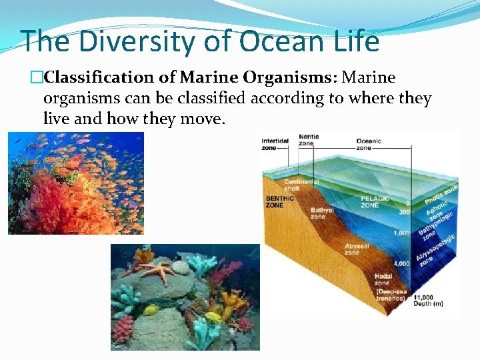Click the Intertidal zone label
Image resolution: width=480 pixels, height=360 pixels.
[x=275, y=143]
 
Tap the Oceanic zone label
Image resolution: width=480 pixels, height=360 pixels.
[x=369, y=144]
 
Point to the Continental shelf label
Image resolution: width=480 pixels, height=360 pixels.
[x=301, y=185]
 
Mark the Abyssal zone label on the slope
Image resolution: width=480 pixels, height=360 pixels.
[x=357, y=249]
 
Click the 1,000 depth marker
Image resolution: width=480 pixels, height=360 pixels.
[x=402, y=233]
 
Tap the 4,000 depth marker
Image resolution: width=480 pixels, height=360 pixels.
[x=402, y=264]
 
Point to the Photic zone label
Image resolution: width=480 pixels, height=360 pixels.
[x=441, y=194]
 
